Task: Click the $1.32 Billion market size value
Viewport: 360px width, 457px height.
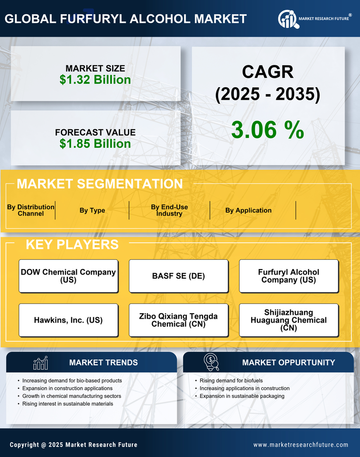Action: point(95,80)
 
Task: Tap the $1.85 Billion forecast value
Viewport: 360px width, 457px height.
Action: point(95,144)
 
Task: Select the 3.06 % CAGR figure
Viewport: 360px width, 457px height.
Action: point(267,130)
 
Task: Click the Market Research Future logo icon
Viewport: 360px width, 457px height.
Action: point(288,19)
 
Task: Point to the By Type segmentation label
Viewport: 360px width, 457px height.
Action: point(92,210)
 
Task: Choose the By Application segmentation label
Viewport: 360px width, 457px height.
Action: point(248,210)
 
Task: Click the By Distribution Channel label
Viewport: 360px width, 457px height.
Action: point(31,210)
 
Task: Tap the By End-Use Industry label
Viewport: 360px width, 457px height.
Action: point(169,210)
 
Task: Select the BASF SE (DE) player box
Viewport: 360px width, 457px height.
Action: point(178,276)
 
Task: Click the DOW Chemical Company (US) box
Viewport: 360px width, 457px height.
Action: point(68,276)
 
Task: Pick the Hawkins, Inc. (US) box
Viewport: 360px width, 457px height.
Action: point(68,320)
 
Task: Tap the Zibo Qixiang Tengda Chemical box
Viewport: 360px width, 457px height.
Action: point(178,320)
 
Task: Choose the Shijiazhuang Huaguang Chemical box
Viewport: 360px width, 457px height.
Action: point(289,320)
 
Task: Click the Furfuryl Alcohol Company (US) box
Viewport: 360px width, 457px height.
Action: point(289,276)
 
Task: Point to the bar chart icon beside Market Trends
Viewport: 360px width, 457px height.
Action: point(40,363)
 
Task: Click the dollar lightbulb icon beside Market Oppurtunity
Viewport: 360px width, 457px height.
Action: point(211,362)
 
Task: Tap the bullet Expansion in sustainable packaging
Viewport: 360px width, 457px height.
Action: point(242,396)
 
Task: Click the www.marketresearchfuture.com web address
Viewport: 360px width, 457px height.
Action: point(301,445)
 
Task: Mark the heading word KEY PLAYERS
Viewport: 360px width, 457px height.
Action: point(72,244)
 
